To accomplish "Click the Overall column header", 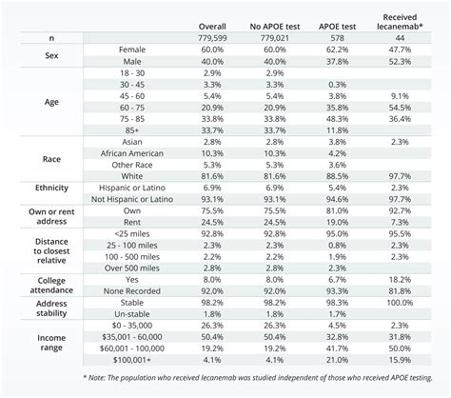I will [213, 24].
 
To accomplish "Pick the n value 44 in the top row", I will [401, 36].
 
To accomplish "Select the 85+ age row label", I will [127, 129].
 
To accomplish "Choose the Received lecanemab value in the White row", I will [401, 175].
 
